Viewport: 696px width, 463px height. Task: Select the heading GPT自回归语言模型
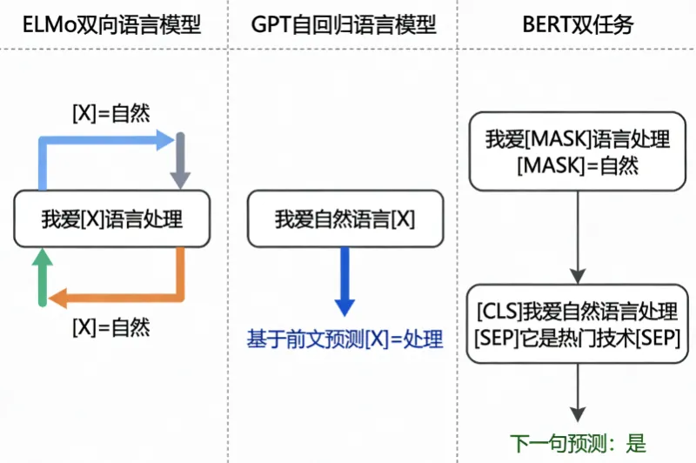[x=345, y=24]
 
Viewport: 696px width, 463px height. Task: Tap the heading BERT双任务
[x=578, y=24]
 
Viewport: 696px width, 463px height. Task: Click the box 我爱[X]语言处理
[x=112, y=218]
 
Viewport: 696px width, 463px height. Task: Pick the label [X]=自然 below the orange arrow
[x=110, y=328]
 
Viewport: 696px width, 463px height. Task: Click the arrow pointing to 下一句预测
[x=578, y=392]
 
